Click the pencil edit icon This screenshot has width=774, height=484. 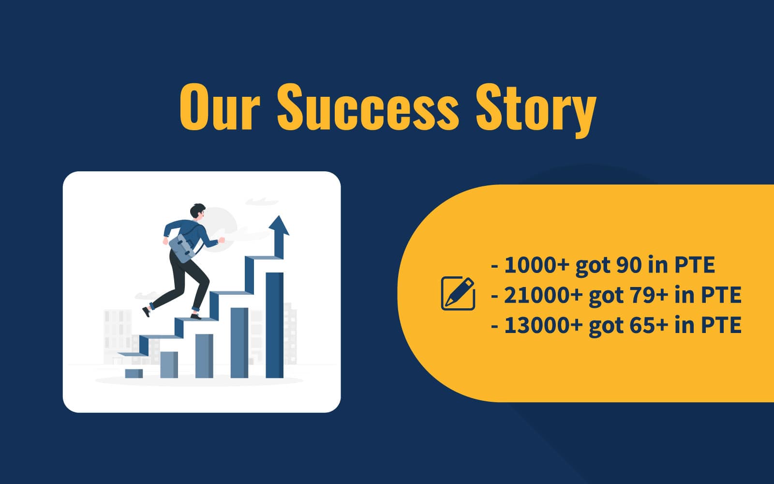pyautogui.click(x=458, y=293)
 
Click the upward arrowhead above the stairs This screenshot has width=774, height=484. pyautogui.click(x=279, y=227)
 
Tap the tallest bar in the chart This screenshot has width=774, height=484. pyautogui.click(x=274, y=324)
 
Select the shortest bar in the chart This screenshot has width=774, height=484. pyautogui.click(x=134, y=373)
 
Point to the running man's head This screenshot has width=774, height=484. pyautogui.click(x=198, y=212)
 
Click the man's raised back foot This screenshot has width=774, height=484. pyautogui.click(x=147, y=311)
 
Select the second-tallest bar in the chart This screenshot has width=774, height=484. pyautogui.click(x=239, y=342)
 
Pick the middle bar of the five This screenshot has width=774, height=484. pyautogui.click(x=204, y=355)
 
